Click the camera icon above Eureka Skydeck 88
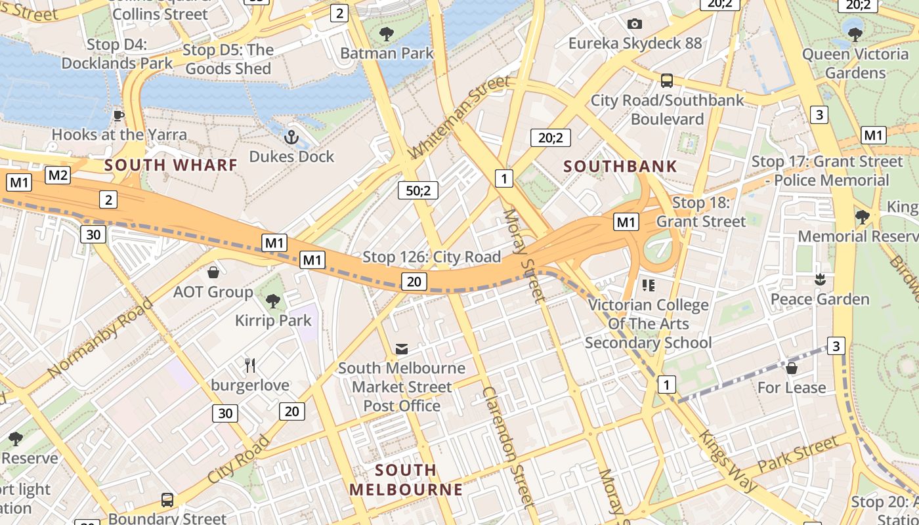pyautogui.click(x=634, y=24)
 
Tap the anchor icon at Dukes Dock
pyautogui.click(x=291, y=138)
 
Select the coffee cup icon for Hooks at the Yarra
pyautogui.click(x=118, y=116)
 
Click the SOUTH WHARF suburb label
pyautogui.click(x=171, y=165)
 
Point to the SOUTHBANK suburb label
pyautogui.click(x=620, y=167)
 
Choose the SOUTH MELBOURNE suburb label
pyautogui.click(x=406, y=480)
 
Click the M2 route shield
pyautogui.click(x=58, y=175)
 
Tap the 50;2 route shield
pyautogui.click(x=418, y=190)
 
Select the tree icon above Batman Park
pyautogui.click(x=387, y=33)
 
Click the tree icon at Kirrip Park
pyautogui.click(x=273, y=301)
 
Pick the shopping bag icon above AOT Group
pyautogui.click(x=213, y=272)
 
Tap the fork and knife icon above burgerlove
pyautogui.click(x=249, y=366)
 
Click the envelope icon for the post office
pyautogui.click(x=401, y=348)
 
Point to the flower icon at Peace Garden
pyautogui.click(x=819, y=280)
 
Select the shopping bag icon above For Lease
pyautogui.click(x=792, y=368)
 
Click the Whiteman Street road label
pyautogui.click(x=458, y=117)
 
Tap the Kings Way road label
pyautogui.click(x=728, y=461)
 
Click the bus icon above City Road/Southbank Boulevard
pyautogui.click(x=667, y=81)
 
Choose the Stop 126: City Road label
pyautogui.click(x=431, y=257)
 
